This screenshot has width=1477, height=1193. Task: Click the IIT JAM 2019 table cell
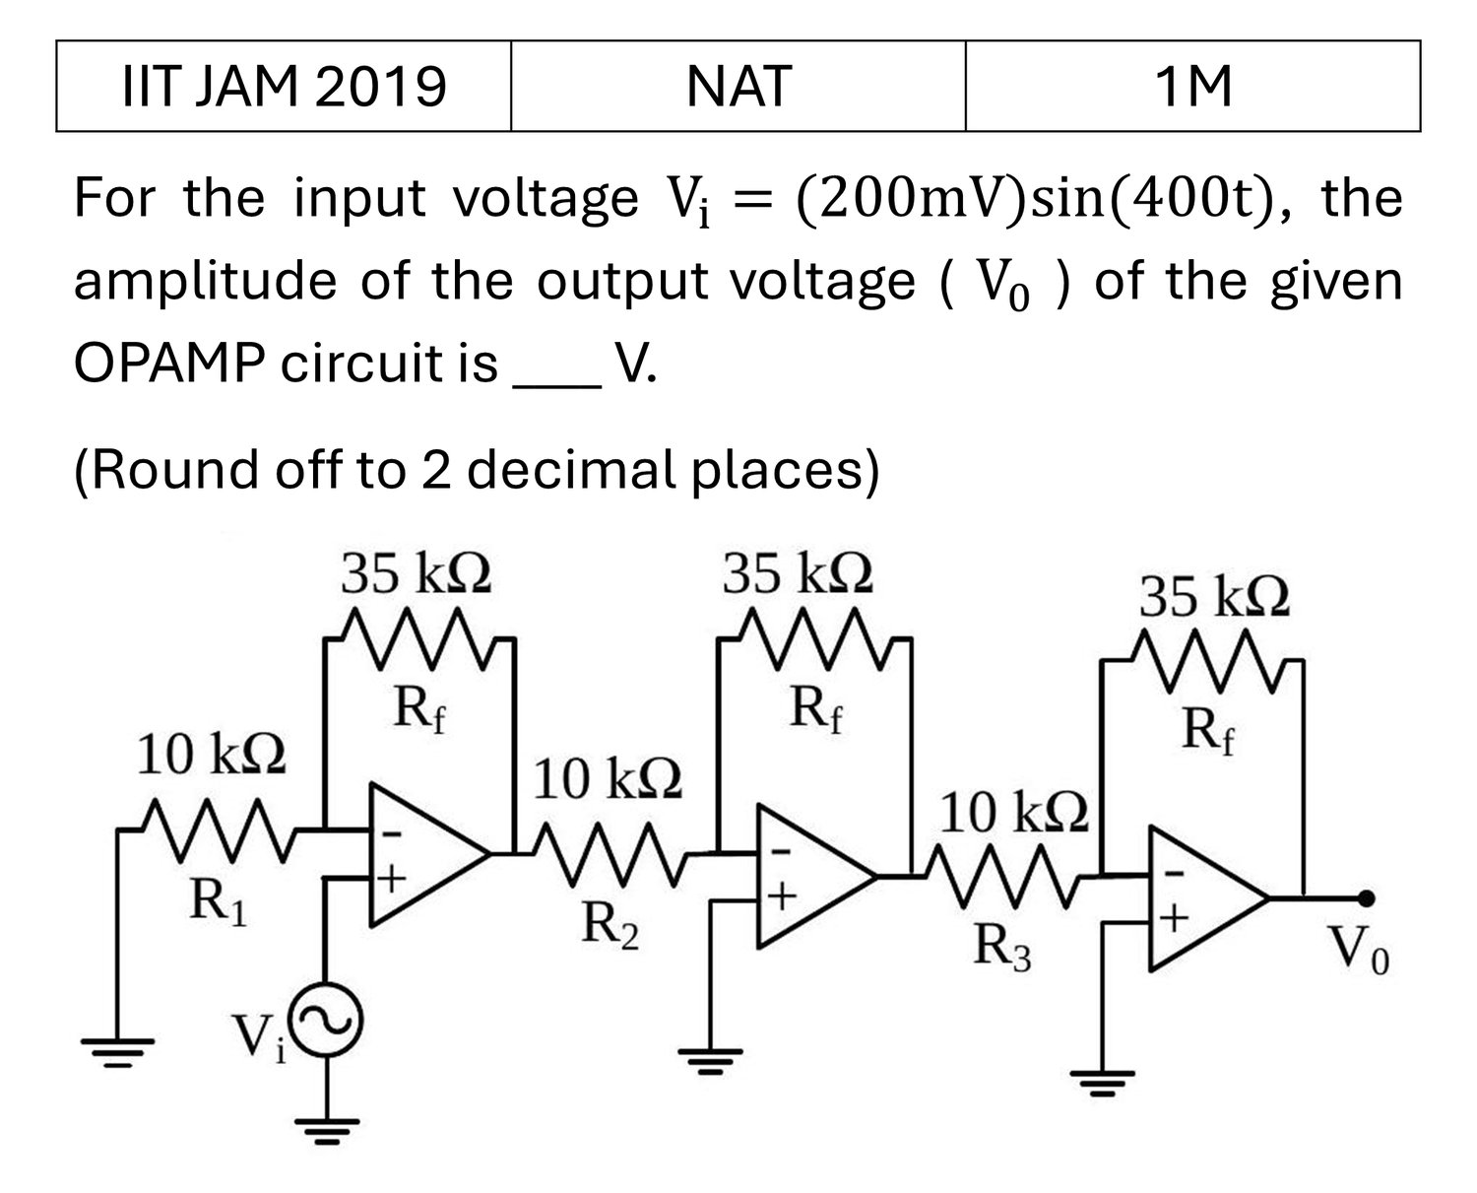pos(284,86)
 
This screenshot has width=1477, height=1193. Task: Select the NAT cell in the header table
pos(738,86)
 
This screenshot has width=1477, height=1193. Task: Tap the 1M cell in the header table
pos(1192,86)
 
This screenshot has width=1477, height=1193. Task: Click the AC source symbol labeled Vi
pos(326,1020)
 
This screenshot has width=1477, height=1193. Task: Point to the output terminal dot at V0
pos(1366,898)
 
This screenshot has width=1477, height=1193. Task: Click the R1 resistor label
pos(219,903)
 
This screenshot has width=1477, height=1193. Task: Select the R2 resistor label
pos(610,927)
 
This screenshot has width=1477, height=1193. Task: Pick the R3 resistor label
pos(1002,948)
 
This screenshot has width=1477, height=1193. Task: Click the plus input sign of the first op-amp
pos(392,879)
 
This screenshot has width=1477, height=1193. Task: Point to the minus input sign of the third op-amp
pos(1174,874)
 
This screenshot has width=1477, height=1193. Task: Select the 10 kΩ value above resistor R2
pos(608,778)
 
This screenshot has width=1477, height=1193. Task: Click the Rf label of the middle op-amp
pos(815,710)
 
